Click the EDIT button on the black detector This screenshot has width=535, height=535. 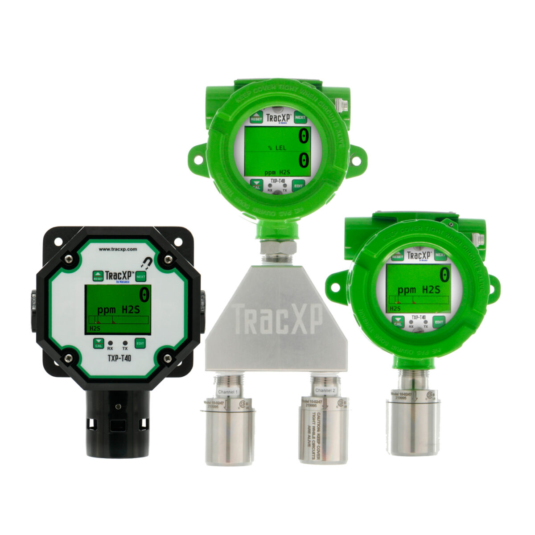coord(140,343)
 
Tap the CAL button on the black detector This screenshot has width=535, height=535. coord(98,343)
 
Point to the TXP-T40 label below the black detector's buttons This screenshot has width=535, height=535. coord(119,357)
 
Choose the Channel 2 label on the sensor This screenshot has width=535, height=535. coord(324,391)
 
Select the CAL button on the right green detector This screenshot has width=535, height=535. coord(398,321)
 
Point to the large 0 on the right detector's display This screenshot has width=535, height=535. coord(444,273)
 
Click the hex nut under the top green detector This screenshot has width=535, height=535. coord(276,248)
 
